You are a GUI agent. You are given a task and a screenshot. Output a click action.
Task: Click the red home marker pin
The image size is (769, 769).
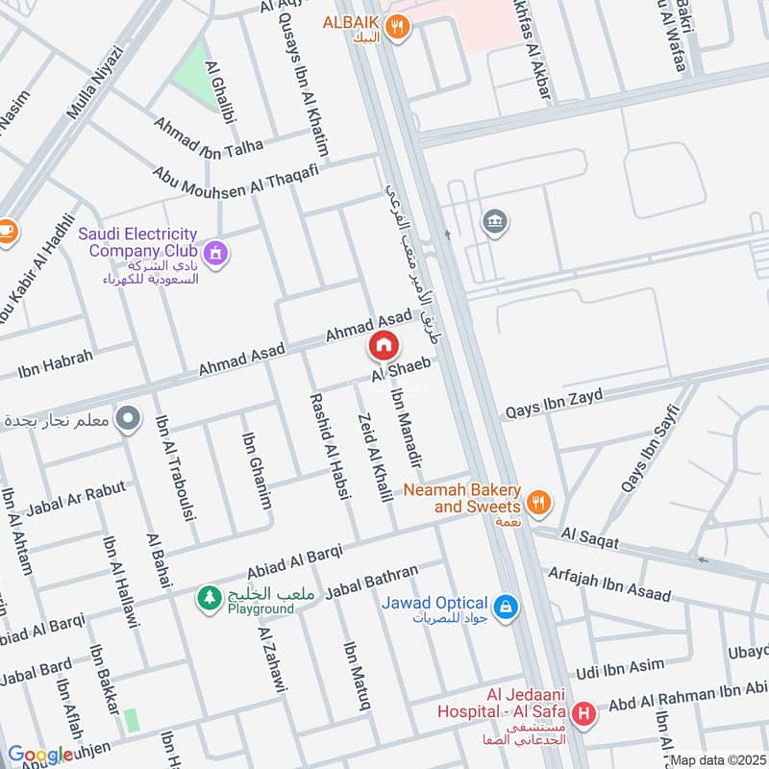(x=383, y=345)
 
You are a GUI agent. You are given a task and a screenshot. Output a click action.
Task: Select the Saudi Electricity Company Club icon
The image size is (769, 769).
(x=217, y=252)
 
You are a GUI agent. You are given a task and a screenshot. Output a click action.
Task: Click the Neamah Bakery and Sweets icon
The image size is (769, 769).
(x=539, y=500)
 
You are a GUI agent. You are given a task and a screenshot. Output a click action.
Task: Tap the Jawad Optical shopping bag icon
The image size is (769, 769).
(x=506, y=607)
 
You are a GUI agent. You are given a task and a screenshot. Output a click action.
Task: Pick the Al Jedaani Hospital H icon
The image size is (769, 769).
(x=582, y=714)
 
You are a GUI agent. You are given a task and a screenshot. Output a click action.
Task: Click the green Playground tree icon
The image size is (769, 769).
(x=208, y=598)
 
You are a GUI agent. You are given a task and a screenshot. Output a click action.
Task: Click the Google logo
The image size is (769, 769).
(x=39, y=756)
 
